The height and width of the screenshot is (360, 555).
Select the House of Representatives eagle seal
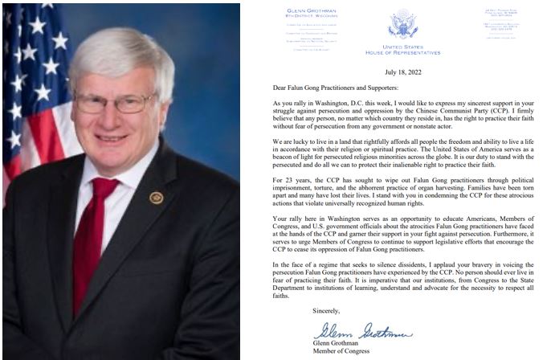click(402, 24)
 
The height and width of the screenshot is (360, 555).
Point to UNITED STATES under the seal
click(402, 47)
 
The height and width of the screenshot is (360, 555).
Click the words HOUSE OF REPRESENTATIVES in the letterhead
click(402, 53)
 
